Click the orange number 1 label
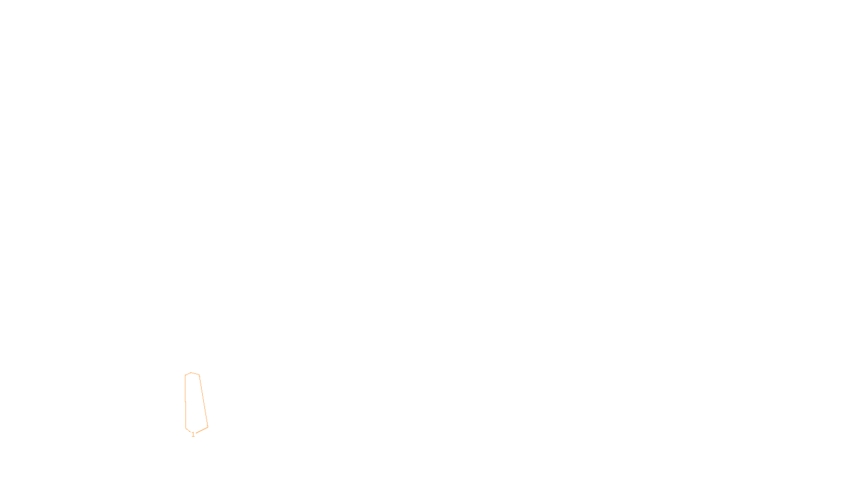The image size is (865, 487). coord(193,435)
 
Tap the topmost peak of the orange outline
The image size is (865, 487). coord(191,373)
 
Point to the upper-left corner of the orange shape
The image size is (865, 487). coord(185,376)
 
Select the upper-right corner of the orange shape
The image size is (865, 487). coord(199,375)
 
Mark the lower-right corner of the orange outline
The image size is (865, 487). coord(208,427)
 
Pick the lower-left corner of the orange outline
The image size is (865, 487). coord(186,428)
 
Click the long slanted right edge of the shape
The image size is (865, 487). coord(203,401)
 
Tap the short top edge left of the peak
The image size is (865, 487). coord(188,374)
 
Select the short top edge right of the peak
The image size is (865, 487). coord(195,374)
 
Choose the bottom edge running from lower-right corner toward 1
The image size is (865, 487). coord(202,430)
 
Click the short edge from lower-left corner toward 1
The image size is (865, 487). coord(188,430)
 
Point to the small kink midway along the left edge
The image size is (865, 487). coord(185,402)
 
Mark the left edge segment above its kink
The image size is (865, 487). coord(185,389)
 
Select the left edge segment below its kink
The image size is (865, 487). coord(186,415)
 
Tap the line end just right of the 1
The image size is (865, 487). coord(196,433)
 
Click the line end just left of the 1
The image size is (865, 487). coord(191,432)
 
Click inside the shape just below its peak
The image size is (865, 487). coord(191,379)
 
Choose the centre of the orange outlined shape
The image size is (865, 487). coord(195,402)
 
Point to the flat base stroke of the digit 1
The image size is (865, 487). coord(193,436)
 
